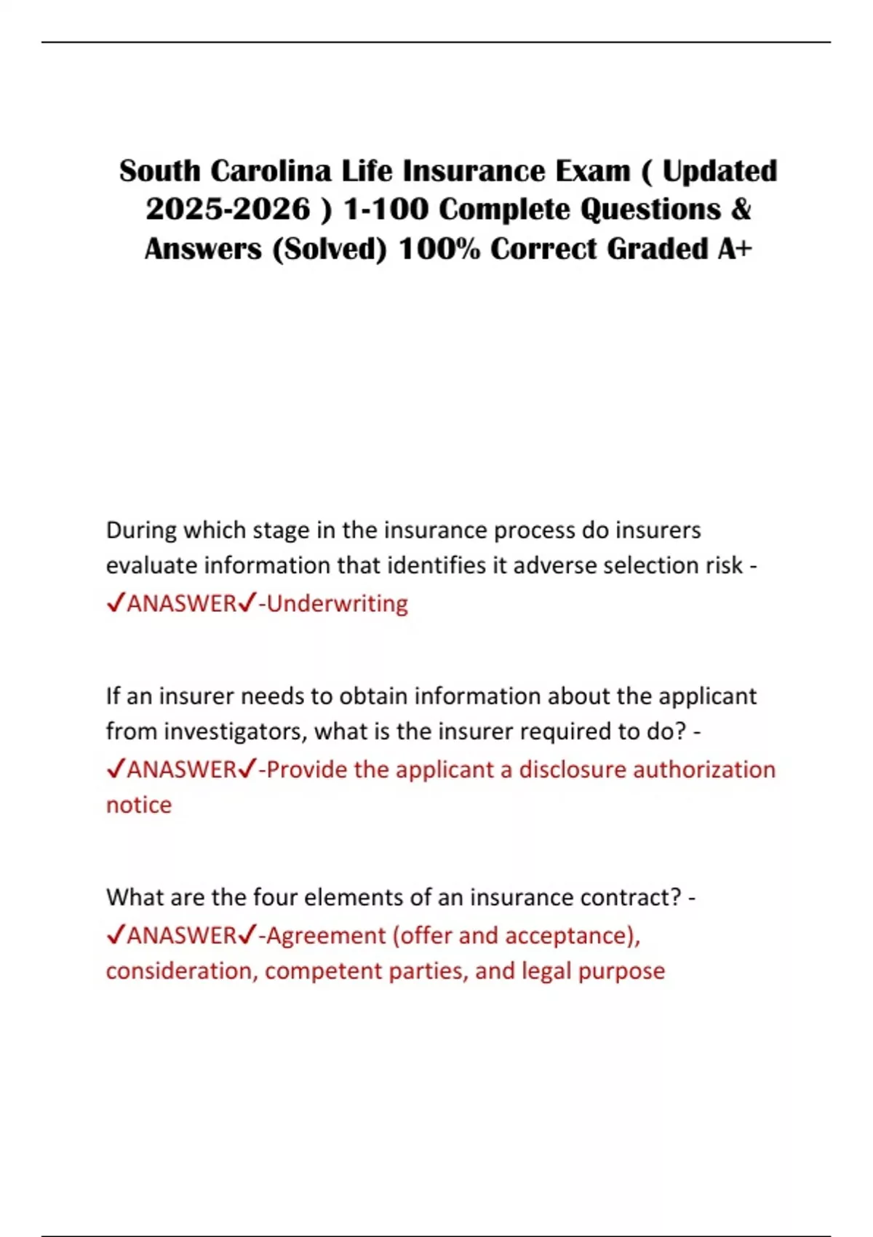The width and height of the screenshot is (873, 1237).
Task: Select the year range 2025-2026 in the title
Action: coord(228,210)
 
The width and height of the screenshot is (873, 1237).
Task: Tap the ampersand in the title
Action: coord(740,210)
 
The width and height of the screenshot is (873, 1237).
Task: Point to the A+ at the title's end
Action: coord(735,249)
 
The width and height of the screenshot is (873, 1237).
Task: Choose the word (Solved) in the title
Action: coord(330,249)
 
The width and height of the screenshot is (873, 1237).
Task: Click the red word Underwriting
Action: coord(338,603)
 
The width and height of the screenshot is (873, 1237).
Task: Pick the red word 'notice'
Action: coord(139,805)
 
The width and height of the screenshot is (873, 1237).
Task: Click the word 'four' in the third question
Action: coord(275,897)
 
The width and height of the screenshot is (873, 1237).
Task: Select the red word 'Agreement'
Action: coord(326,935)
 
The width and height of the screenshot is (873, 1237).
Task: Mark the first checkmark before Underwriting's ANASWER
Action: coord(116,603)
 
